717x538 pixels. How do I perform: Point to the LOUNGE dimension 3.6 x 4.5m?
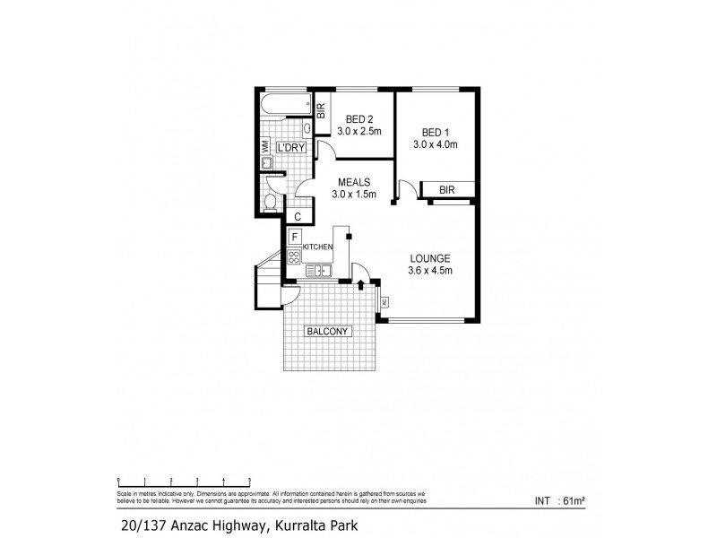[x=431, y=271]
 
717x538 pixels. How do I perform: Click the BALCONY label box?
[x=328, y=331]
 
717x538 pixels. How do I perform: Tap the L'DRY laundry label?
[x=291, y=147]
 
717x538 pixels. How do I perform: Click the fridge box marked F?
[x=294, y=237]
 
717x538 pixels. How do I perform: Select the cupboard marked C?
[x=298, y=216]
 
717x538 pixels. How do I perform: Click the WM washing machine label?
[x=265, y=145]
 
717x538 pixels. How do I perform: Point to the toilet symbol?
[x=269, y=202]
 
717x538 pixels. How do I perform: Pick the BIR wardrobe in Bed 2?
[x=321, y=110]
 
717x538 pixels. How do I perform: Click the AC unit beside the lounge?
[x=384, y=301]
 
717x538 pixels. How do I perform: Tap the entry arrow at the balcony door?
[x=360, y=285]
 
